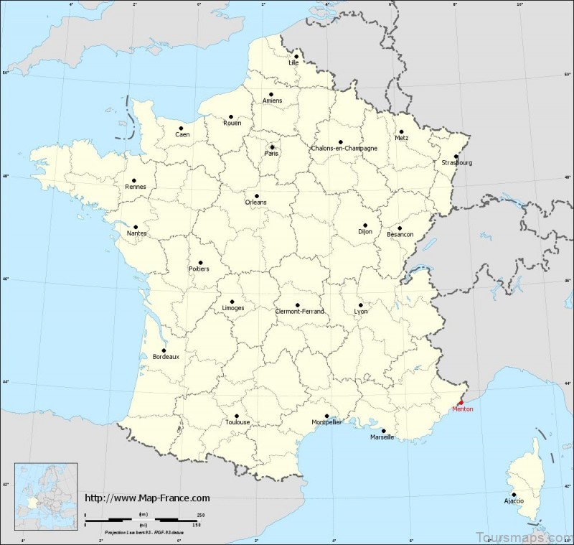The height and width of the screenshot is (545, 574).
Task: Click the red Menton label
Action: tap(463, 409)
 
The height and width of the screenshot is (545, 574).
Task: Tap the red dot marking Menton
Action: tap(461, 402)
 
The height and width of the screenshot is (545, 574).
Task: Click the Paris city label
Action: tap(272, 153)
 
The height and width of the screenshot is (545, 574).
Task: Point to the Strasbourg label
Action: tap(457, 162)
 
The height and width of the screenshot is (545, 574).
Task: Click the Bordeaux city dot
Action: tap(164, 350)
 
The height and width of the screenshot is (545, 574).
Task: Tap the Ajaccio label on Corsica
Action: tap(514, 500)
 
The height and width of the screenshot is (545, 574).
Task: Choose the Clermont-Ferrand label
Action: tap(300, 311)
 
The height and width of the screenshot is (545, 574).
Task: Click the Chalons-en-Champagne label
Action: tap(344, 149)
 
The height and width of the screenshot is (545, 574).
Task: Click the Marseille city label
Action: tap(382, 437)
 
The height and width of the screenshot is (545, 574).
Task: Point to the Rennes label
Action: tap(134, 187)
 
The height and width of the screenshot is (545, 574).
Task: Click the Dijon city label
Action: tap(367, 232)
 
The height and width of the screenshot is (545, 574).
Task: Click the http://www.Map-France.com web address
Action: tap(147, 498)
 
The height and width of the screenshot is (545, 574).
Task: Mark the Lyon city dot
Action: tap(360, 305)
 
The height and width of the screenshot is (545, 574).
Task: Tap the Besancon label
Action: tap(400, 235)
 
